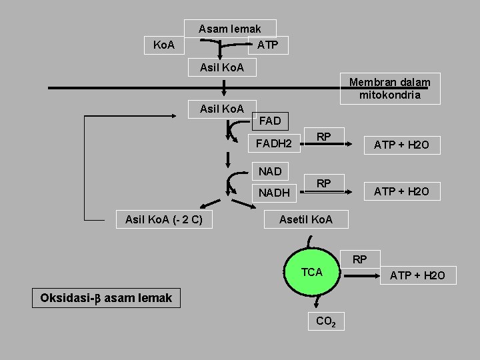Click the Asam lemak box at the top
tap(229, 29)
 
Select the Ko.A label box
tap(164, 45)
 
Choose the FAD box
tap(269, 121)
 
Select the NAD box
tap(269, 171)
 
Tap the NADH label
tap(274, 193)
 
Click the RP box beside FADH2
tap(324, 137)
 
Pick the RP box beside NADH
tap(324, 183)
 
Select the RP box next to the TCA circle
tap(359, 259)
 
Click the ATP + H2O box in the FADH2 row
tap(401, 144)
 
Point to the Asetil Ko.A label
tap(306, 219)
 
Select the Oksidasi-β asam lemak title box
tap(106, 297)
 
